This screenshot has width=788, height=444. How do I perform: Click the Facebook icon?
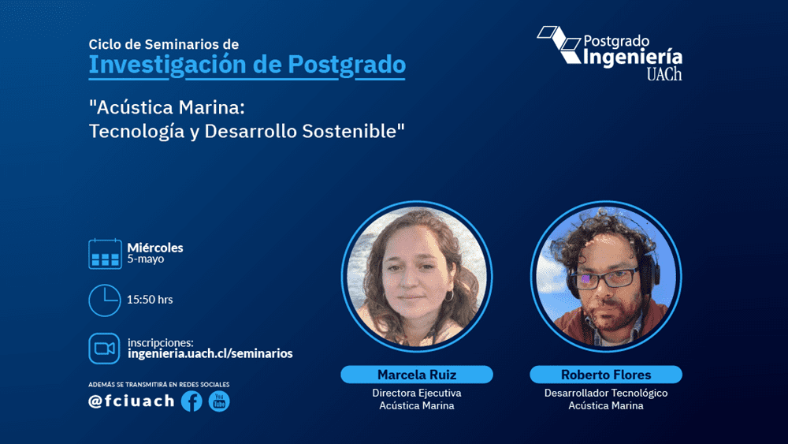pyautogui.click(x=191, y=401)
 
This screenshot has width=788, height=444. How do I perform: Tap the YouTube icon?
pyautogui.click(x=219, y=401)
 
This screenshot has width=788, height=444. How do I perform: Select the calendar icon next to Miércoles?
pyautogui.click(x=105, y=254)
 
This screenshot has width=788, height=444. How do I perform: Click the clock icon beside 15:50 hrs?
pyautogui.click(x=105, y=300)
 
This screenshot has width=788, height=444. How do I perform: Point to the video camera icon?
pyautogui.click(x=105, y=349)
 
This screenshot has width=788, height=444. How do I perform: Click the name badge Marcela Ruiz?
pyautogui.click(x=417, y=375)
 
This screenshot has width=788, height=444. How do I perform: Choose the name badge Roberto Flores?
pyautogui.click(x=605, y=375)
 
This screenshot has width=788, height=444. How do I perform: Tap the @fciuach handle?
pyautogui.click(x=132, y=401)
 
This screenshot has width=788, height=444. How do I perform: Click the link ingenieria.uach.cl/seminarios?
pyautogui.click(x=210, y=353)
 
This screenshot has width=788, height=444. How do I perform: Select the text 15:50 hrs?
pyautogui.click(x=150, y=300)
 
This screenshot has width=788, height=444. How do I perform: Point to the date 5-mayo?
pyautogui.click(x=146, y=259)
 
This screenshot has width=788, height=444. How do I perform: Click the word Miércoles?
pyautogui.click(x=155, y=248)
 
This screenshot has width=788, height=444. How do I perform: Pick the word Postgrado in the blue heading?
pyautogui.click(x=347, y=65)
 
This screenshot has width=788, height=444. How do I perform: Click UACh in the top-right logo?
pyautogui.click(x=664, y=74)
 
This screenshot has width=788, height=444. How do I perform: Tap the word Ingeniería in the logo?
pyautogui.click(x=633, y=58)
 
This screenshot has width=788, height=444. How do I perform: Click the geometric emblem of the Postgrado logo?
pyautogui.click(x=559, y=45)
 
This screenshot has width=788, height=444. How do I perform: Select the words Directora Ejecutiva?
pyautogui.click(x=417, y=393)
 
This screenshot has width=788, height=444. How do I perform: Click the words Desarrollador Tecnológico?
pyautogui.click(x=606, y=394)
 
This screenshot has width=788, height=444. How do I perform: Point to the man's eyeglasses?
pyautogui.click(x=605, y=278)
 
